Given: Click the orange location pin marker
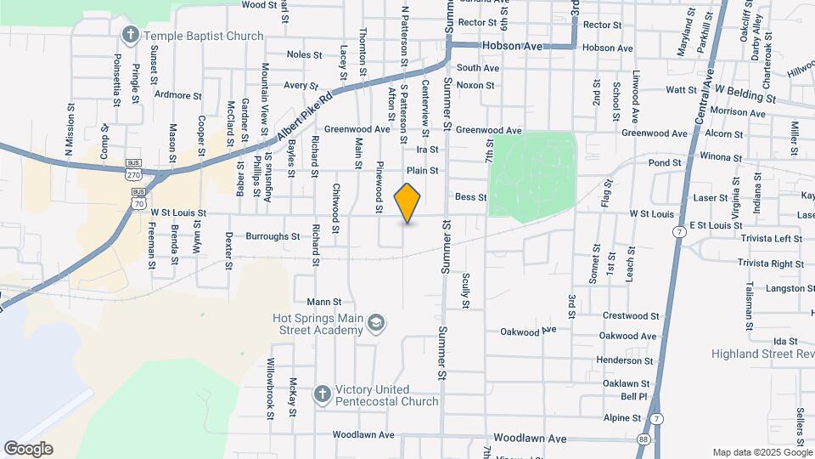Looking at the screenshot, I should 407,203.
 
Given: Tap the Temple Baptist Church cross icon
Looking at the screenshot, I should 130,35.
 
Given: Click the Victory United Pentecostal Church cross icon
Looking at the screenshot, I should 322,394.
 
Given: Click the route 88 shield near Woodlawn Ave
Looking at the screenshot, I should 642,439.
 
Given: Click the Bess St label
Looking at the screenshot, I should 470,196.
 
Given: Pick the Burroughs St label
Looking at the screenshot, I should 272,236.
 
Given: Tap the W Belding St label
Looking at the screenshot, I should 745,93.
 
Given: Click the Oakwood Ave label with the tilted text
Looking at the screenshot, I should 528,330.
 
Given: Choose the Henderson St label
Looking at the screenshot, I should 624,360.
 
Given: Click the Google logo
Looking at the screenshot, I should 28,448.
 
